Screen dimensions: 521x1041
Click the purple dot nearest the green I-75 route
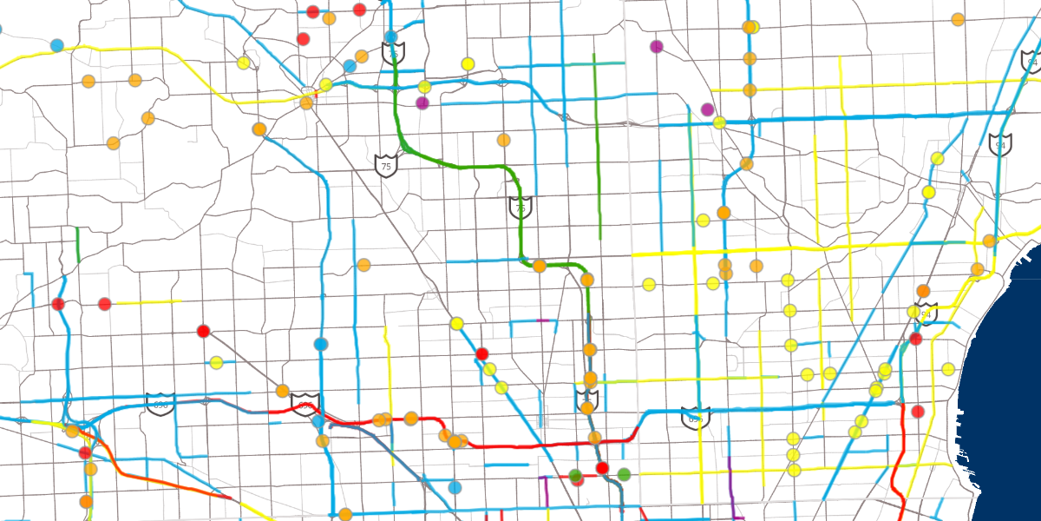coord(422,103)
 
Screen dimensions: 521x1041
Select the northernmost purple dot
coord(656,46)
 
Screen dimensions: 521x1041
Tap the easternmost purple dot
coord(707,109)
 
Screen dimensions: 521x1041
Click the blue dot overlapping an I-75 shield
coord(391,37)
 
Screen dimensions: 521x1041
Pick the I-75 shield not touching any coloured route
coord(386,164)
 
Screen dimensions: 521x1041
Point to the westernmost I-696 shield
coord(160,404)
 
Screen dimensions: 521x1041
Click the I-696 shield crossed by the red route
coord(305,405)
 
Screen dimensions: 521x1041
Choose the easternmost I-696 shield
coord(695,418)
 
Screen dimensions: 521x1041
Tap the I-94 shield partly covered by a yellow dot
coord(926,313)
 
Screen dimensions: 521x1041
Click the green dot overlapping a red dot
coord(574,475)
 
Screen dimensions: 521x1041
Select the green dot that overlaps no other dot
coord(624,474)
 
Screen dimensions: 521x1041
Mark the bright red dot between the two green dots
coord(602,469)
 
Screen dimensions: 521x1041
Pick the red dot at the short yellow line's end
coord(105,304)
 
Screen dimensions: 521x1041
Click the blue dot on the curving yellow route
coord(57,45)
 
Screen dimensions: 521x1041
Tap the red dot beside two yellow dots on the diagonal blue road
coord(482,353)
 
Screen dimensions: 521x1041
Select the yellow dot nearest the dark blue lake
coord(948,369)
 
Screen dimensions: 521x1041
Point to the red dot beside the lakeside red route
coord(918,411)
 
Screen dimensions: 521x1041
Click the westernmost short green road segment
coord(78,245)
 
